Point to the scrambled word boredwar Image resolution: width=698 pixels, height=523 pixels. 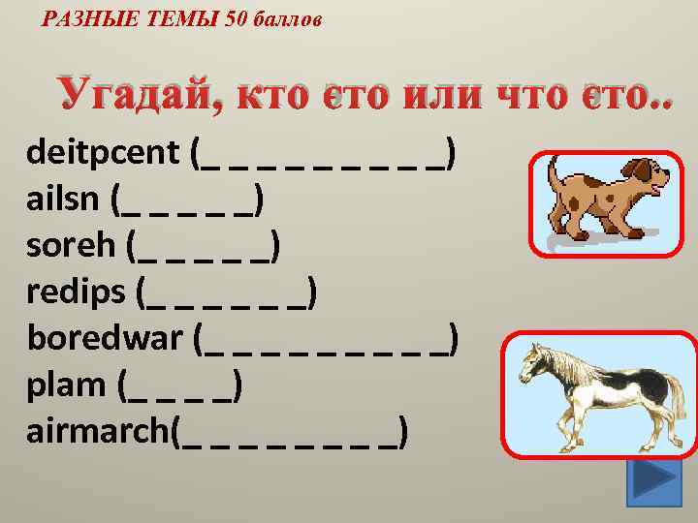[106, 338]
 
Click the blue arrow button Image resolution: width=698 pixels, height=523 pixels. [655, 481]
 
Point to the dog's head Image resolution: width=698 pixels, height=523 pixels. [645, 174]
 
